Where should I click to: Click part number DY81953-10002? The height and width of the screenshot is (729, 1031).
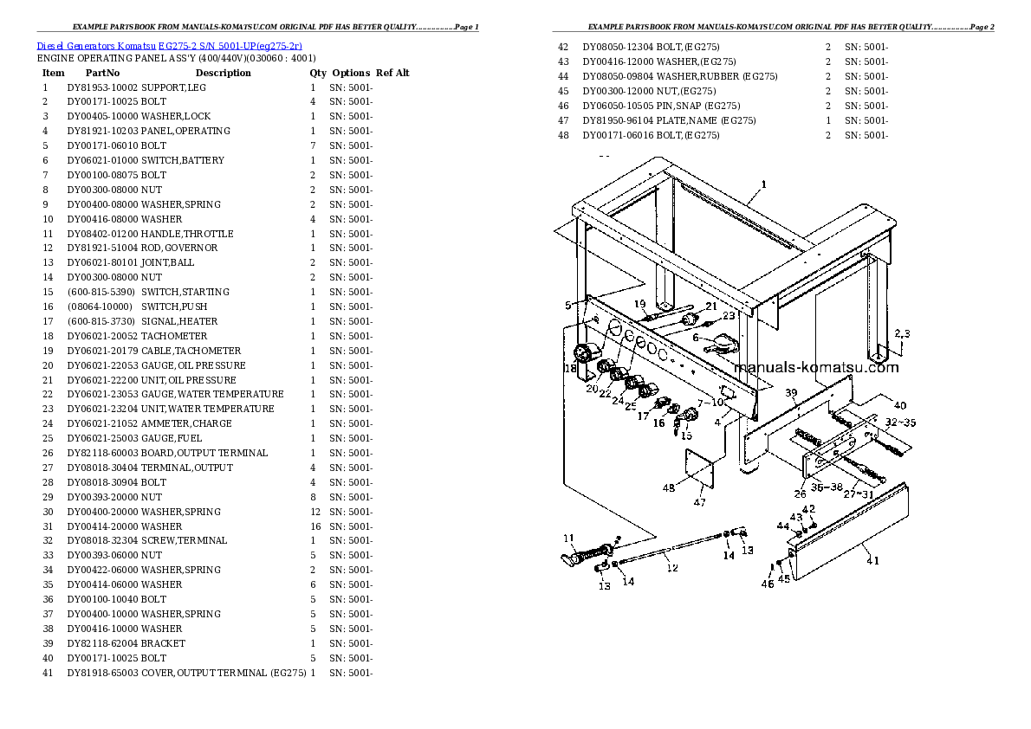tap(102, 87)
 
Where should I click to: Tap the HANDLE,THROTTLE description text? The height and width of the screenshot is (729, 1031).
tap(187, 234)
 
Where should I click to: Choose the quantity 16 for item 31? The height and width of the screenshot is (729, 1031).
tap(313, 526)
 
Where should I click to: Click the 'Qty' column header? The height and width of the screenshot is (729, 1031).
tap(318, 73)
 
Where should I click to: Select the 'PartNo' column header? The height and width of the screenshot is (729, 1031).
tap(102, 73)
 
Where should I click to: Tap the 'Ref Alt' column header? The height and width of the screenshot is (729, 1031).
tap(392, 73)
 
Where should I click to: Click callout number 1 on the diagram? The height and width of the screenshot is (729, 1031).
tap(763, 184)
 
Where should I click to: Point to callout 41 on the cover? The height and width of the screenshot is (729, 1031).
tap(872, 560)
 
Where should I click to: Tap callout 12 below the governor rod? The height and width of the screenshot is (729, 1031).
tap(672, 568)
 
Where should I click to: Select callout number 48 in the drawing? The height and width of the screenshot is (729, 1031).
tap(669, 487)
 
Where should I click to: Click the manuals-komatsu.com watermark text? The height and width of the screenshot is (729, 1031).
tap(816, 367)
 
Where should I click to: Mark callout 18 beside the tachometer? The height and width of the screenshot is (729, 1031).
tap(570, 369)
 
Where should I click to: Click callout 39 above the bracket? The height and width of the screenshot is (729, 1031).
tap(791, 394)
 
